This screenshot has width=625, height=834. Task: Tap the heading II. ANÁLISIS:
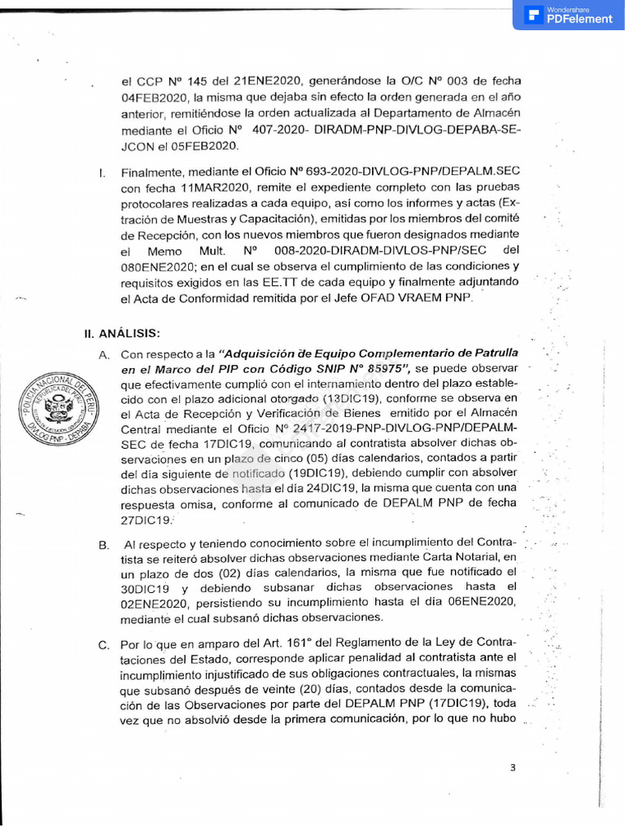122,333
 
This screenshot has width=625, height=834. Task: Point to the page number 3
513,768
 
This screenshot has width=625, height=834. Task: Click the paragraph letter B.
103,544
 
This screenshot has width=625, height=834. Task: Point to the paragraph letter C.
103,646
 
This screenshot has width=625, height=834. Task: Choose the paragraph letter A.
103,355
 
